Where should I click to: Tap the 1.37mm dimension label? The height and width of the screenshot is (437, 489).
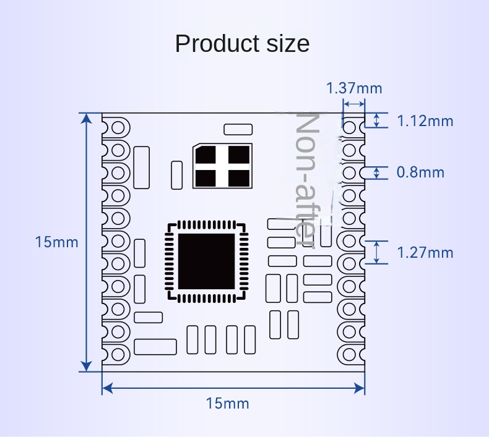pos(354,88)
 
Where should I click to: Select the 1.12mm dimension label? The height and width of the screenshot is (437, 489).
pos(425,121)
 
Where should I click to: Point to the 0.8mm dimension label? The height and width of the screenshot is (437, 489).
pos(420,172)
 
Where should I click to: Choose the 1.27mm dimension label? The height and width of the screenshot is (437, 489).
pos(425,252)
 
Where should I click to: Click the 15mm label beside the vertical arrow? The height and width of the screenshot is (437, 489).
pos(57,242)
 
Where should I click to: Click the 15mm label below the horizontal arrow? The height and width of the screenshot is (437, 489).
pos(227,404)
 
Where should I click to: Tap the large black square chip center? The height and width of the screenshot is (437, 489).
pos(207,261)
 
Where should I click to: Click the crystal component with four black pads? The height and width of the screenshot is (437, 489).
pos(223,166)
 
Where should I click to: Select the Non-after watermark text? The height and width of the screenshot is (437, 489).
pos(308,179)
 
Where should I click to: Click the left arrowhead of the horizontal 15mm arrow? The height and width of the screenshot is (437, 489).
pos(107,388)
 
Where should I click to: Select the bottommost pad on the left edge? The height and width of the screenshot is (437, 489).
pos(116,354)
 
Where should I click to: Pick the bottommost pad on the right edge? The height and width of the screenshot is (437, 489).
pos(351,354)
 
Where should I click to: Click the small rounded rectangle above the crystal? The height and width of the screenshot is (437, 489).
pos(238,129)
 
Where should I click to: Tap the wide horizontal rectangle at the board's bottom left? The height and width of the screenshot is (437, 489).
pos(155,347)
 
